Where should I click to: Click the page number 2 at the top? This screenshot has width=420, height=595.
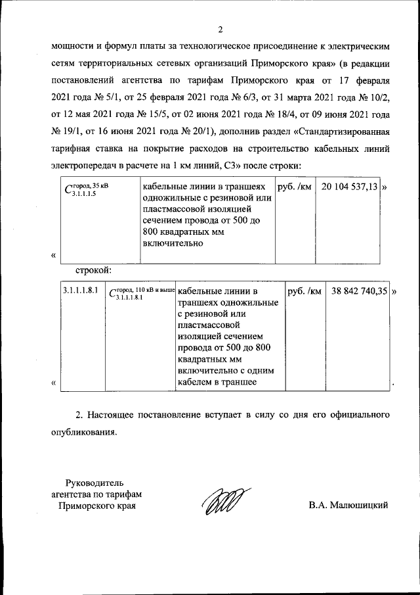tap(220, 30)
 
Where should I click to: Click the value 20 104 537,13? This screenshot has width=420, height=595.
tap(350, 187)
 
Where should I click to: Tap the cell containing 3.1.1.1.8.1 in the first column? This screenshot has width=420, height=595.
tap(81, 291)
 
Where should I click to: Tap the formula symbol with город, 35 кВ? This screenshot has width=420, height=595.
tap(88, 189)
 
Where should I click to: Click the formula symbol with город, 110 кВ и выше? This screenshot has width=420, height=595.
tap(141, 293)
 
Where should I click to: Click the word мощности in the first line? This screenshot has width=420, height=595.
tap(74, 47)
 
